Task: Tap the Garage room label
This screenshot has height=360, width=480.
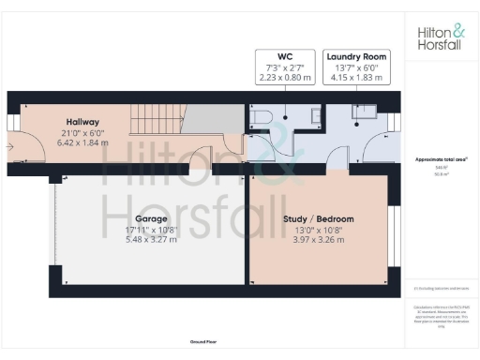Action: coord(137,217)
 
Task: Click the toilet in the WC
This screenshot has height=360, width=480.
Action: coord(262,115)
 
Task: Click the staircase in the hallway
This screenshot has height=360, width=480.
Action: coord(155,119)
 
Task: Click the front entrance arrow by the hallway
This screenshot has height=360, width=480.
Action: coord(9,145)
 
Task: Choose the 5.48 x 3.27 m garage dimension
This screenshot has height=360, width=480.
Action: coord(137,239)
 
